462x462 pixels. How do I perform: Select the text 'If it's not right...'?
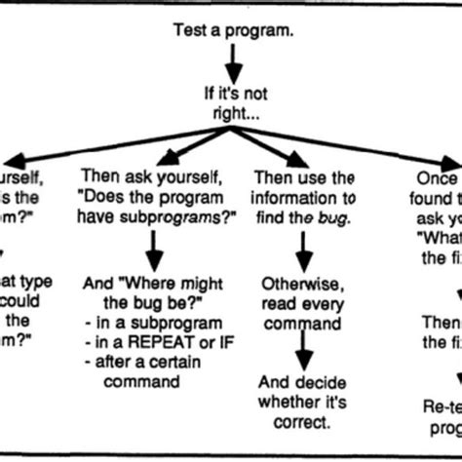click(x=232, y=104)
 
